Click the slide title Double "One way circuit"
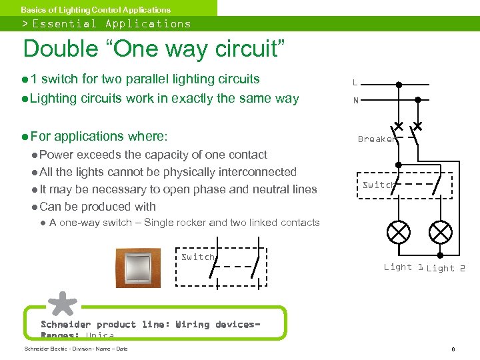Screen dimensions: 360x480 coord(153,49)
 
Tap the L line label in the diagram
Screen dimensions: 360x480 coord(355,83)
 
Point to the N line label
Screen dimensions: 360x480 coord(355,101)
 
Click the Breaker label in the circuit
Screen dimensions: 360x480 coord(377,139)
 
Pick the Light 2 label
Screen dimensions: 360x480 coord(445,268)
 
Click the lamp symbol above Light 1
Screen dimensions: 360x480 coord(399,233)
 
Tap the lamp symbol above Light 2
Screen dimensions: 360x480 coord(440,233)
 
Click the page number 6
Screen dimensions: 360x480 coord(453,349)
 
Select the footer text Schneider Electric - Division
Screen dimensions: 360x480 coord(75,349)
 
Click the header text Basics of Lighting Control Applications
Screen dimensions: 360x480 coord(95,10)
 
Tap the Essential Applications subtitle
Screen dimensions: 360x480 coord(111,24)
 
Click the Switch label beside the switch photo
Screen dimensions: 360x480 coord(198,257)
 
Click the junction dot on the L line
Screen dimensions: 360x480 coord(399,85)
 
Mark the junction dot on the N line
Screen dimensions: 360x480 coord(418,99)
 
